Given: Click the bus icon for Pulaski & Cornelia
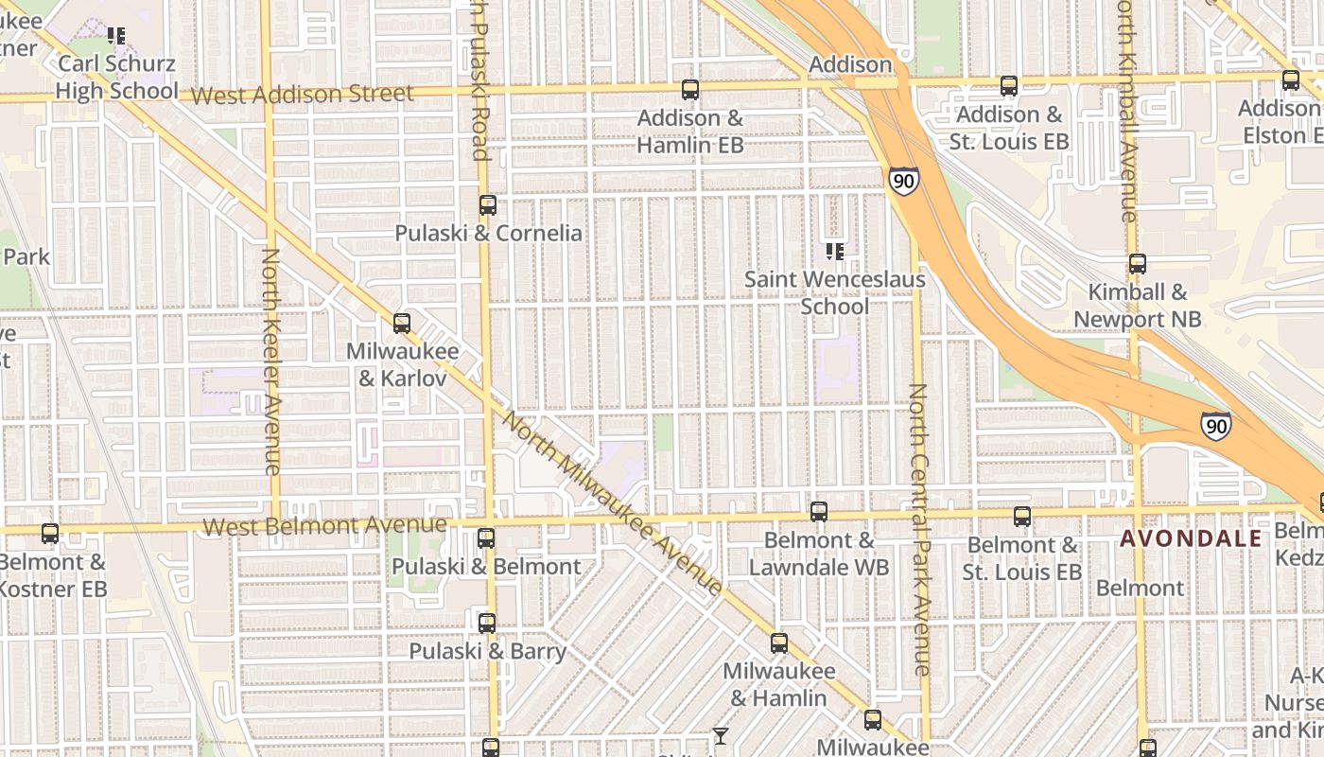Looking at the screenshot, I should click(x=488, y=204).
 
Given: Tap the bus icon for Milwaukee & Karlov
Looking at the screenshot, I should click(x=402, y=323).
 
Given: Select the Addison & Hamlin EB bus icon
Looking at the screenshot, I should click(x=690, y=90).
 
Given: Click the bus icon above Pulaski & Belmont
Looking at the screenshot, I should click(x=486, y=537).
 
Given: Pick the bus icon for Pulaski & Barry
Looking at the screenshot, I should click(x=487, y=623).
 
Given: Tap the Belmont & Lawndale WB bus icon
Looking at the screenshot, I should click(x=819, y=511).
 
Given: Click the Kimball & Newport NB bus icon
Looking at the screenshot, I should click(x=1138, y=264).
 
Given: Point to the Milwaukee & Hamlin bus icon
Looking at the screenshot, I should click(x=779, y=643).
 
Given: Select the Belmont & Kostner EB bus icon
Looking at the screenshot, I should click(x=50, y=533).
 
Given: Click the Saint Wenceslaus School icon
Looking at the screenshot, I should click(x=835, y=251).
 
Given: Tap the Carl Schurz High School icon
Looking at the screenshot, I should click(x=117, y=36).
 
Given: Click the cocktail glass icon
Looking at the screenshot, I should click(x=721, y=735).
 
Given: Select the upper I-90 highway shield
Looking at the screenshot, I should click(x=903, y=180).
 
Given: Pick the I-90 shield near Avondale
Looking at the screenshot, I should click(x=1216, y=426).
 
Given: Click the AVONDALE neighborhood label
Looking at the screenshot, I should click(x=1191, y=538).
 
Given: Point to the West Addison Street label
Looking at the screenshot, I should click(x=303, y=95).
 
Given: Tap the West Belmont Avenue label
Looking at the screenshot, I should click(x=324, y=525).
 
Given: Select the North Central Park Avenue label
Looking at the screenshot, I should click(x=920, y=529).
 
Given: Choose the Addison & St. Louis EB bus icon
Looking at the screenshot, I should click(x=1009, y=85).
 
